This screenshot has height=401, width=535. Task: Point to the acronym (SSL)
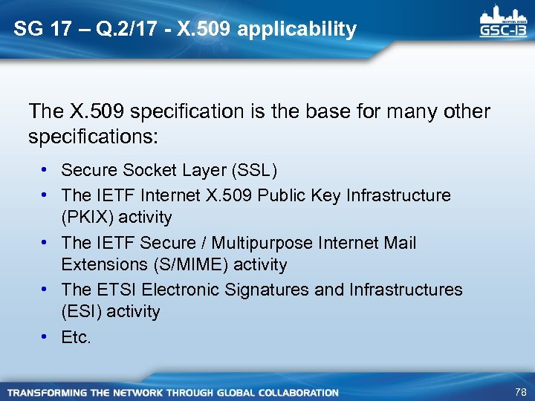pos(255,170)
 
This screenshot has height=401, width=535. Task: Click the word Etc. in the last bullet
pos(77,337)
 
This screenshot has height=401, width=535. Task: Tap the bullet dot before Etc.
pos(45,337)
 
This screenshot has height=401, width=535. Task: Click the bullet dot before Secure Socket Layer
pos(45,170)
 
